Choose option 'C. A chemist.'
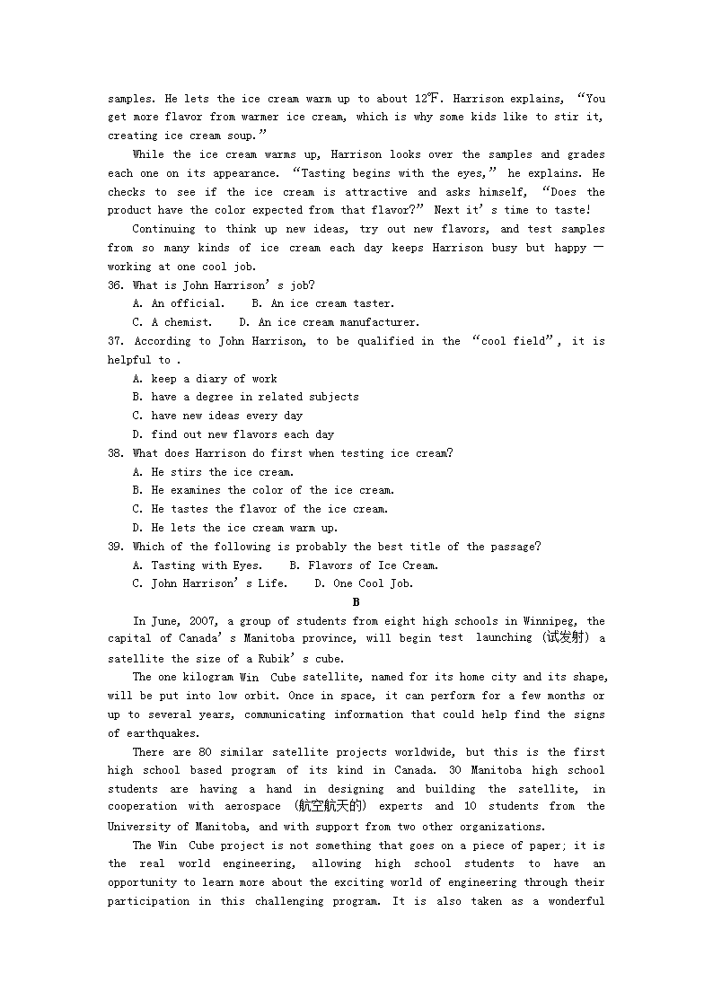(172, 322)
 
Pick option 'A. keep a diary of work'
(205, 379)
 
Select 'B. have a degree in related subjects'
(245, 397)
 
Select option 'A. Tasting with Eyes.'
(198, 565)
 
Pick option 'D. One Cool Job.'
(363, 583)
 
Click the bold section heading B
(356, 602)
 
